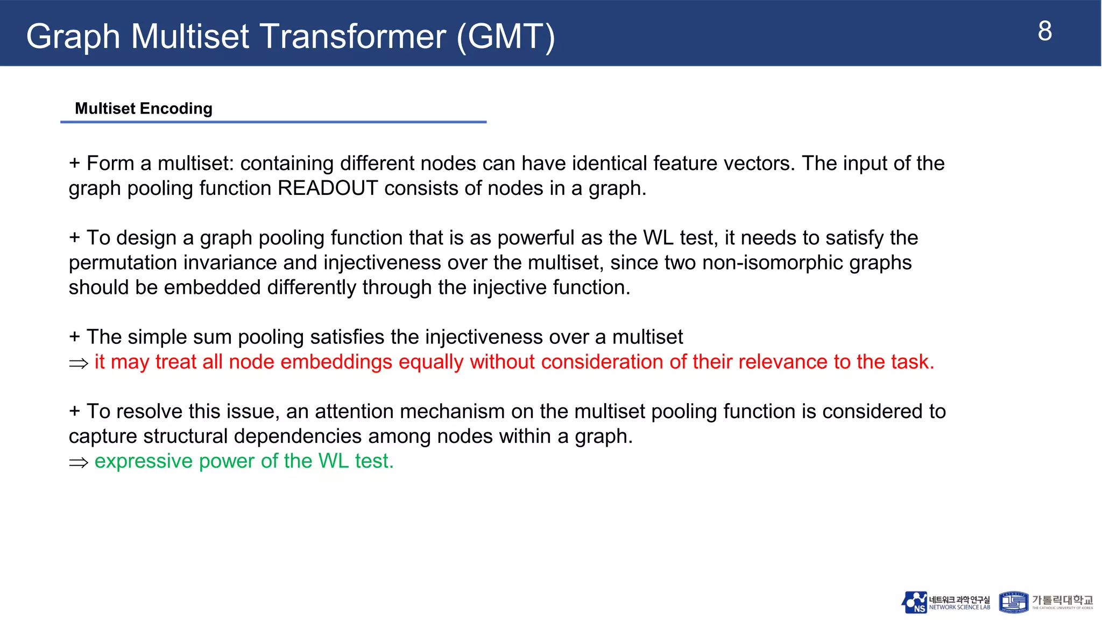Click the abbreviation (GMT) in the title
(505, 37)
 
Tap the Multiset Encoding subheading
(144, 109)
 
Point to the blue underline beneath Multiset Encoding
(273, 122)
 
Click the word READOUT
(328, 188)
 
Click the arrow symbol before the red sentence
(79, 363)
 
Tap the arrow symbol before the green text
(79, 462)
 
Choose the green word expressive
(143, 461)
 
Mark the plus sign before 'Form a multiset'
(75, 163)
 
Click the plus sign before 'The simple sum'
(75, 337)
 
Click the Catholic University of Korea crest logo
(1013, 602)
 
